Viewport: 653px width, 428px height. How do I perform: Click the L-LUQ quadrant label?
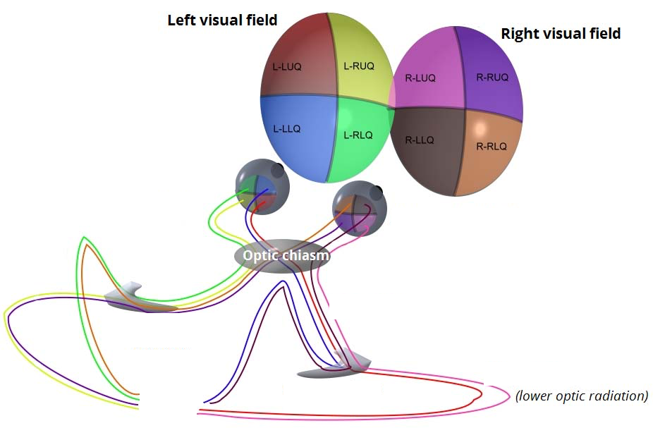pyautogui.click(x=287, y=68)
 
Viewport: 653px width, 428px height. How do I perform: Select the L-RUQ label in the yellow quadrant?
pyautogui.click(x=358, y=66)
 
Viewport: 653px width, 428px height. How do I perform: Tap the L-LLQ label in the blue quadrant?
pyautogui.click(x=287, y=129)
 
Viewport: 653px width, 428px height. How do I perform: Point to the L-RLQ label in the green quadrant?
pyautogui.click(x=358, y=135)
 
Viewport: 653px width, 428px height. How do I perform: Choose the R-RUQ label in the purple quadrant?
pyautogui.click(x=492, y=78)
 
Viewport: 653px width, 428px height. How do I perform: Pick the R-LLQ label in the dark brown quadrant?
pyautogui.click(x=420, y=140)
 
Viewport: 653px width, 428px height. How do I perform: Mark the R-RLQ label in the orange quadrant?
pyautogui.click(x=492, y=147)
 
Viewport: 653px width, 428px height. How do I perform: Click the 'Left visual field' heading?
pyautogui.click(x=222, y=20)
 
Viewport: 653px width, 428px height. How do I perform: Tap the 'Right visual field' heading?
pyautogui.click(x=561, y=33)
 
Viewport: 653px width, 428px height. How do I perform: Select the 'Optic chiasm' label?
pyautogui.click(x=286, y=255)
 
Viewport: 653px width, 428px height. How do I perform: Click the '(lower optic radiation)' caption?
pyautogui.click(x=582, y=396)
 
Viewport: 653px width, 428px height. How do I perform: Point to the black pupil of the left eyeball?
pyautogui.click(x=278, y=169)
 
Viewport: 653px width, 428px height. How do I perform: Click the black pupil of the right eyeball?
pyautogui.click(x=378, y=190)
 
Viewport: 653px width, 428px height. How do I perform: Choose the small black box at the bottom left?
pyautogui.click(x=168, y=401)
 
